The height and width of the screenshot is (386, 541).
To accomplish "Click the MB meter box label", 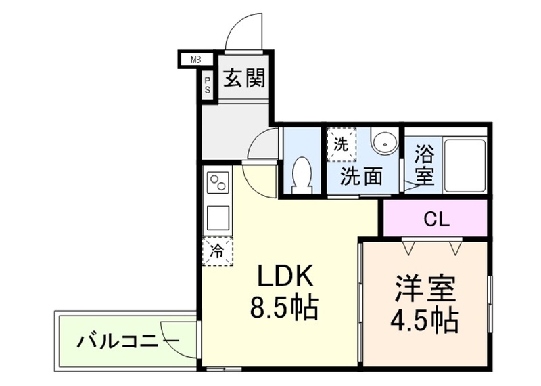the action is [195, 60].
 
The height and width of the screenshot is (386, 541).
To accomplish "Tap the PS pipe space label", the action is [208, 85].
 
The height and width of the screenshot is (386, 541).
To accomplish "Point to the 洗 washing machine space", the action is [342, 144].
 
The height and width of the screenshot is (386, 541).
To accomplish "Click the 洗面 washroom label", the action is [360, 177].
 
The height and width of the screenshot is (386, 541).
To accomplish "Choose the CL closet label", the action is [436, 219].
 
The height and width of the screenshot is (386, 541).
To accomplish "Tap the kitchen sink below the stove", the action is [218, 218].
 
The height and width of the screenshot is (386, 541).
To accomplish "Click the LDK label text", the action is [283, 276].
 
